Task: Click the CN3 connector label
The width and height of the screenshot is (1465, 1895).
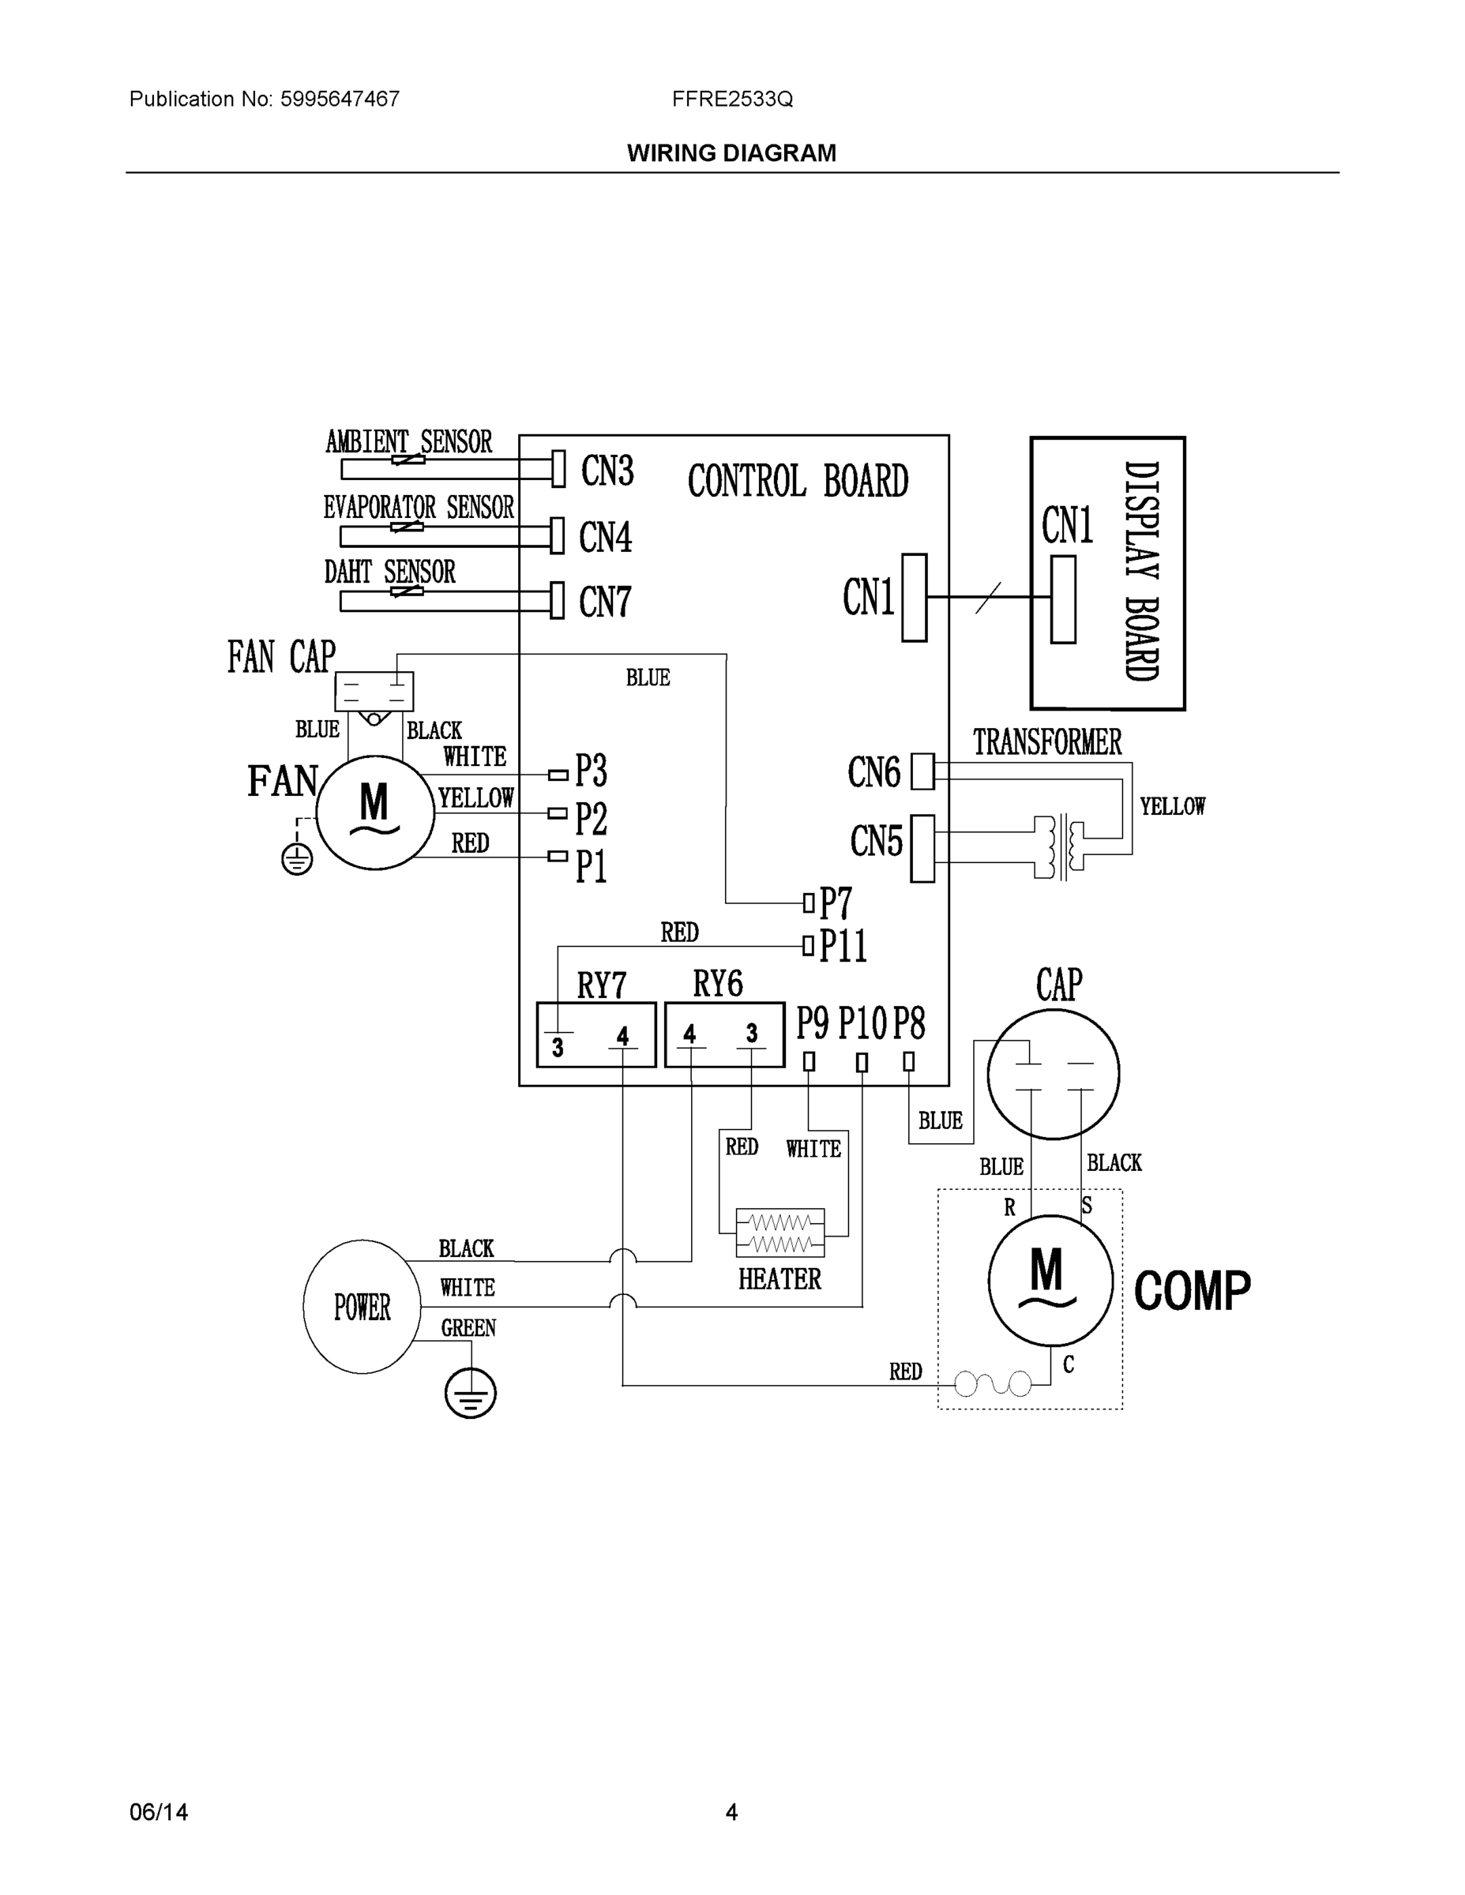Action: coord(607,471)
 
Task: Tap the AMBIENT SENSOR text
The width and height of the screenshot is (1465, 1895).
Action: coord(409,441)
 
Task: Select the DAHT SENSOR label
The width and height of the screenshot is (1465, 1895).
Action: coord(389,572)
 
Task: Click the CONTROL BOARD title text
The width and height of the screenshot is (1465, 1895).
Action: coord(798,481)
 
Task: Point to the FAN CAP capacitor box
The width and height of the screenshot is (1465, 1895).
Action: coord(374,692)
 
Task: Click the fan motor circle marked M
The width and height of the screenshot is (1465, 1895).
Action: coord(375,812)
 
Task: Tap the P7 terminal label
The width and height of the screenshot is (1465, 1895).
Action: coord(836,903)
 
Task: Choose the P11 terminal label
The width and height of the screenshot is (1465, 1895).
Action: coord(843,946)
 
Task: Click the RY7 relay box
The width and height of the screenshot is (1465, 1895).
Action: coord(595,1034)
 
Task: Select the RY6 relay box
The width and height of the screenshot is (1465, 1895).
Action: coord(724,1034)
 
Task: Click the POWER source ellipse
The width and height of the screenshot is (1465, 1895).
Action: coord(362,1306)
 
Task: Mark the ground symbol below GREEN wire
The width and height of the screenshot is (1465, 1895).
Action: coord(470,1394)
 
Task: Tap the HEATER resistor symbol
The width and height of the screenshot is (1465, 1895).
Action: coord(779,1233)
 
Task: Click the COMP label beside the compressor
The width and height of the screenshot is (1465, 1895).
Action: coord(1192,1291)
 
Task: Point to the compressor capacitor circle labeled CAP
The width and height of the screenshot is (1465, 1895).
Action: coord(1053,1074)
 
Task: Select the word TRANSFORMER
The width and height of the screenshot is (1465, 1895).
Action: coord(1046,743)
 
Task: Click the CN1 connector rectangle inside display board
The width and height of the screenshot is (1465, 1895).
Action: coord(1062,599)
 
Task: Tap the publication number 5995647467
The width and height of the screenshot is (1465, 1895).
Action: coord(340,99)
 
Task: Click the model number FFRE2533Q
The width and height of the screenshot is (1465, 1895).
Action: coord(731,99)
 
